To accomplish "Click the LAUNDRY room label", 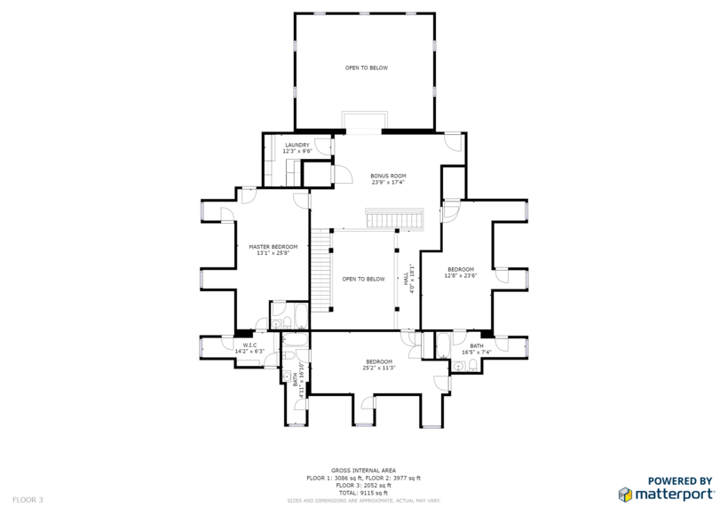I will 297,145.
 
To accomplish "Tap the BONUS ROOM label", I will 388,176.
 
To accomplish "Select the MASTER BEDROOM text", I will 273,247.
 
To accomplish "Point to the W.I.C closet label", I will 249,345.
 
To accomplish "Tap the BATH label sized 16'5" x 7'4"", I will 477,346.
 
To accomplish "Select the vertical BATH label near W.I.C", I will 295,377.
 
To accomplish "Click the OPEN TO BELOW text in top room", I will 367,67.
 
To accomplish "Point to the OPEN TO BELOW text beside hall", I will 364,279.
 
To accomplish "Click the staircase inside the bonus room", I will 396,218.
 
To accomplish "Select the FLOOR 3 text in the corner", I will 28,499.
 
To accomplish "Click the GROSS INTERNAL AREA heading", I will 364,470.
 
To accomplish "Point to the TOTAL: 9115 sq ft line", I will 364,493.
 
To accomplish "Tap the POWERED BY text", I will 680,479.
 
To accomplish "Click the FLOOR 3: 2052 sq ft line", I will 364,486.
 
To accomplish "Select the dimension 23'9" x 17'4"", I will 388,182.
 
